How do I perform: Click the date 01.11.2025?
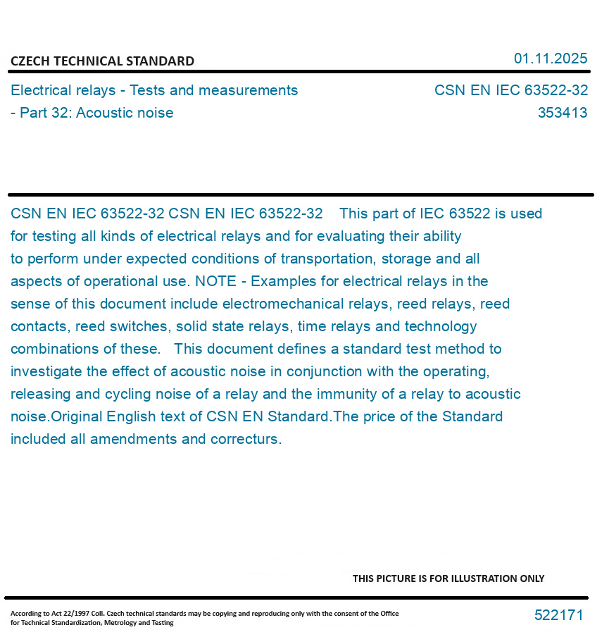pos(550,58)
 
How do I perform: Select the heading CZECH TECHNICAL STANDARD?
pos(102,61)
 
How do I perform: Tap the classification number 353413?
pos(562,113)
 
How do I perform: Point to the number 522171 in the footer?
pos(558,615)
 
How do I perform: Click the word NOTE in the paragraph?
pos(215,281)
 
